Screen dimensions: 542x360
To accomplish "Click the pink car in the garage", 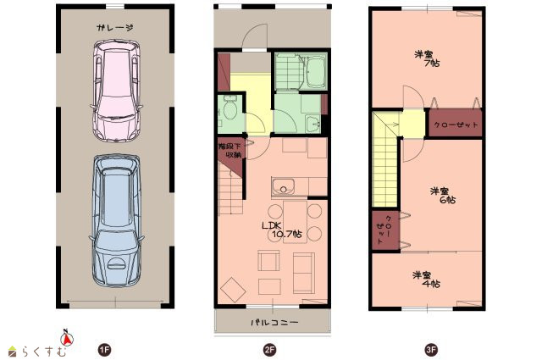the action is tap(117, 91).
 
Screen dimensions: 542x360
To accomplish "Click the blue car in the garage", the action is tap(117, 220).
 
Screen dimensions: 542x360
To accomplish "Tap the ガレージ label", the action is tap(115, 28).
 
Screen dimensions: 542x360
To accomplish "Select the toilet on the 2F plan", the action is tap(229, 108).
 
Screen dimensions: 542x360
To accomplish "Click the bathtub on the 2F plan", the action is tap(315, 72).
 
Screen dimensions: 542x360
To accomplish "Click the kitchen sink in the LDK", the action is tap(283, 186).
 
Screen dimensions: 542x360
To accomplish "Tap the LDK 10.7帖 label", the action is tap(282, 230).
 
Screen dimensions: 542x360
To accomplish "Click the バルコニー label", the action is tap(274, 323).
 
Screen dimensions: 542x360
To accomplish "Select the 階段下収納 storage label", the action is tap(230, 151).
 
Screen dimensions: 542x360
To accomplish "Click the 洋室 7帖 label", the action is tap(427, 58).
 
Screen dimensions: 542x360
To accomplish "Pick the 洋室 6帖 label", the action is tap(443, 196).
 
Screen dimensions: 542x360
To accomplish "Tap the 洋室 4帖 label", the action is tap(426, 280).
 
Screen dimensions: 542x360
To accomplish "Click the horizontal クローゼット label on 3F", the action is tap(456, 125).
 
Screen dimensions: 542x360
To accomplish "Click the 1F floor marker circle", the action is tap(104, 350).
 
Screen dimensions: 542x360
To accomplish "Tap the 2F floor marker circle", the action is tap(269, 350).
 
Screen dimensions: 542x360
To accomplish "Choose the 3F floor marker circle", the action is tap(431, 350).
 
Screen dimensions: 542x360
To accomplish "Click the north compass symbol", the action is tap(67, 337).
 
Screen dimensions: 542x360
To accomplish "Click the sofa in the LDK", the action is tap(304, 274).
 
